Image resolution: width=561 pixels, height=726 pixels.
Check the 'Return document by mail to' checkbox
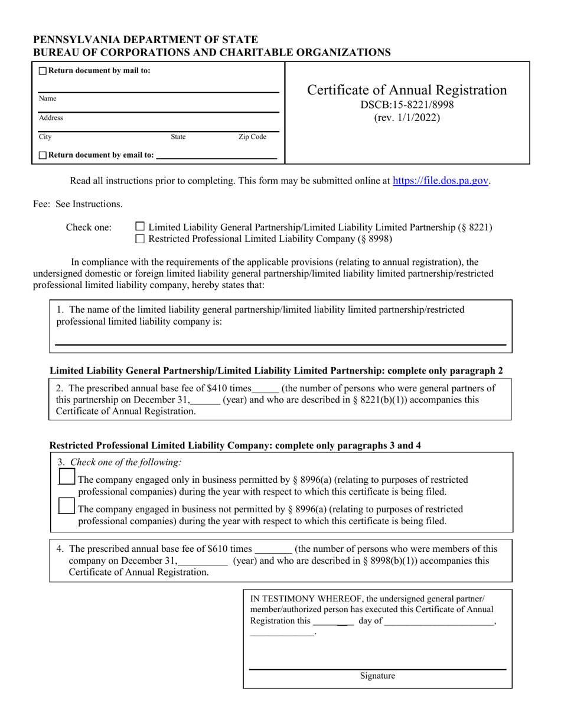(43, 71)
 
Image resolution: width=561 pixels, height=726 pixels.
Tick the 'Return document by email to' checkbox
(43, 155)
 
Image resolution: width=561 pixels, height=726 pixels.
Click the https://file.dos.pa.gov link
(441, 181)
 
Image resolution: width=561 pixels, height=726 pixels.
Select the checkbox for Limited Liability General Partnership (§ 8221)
(140, 227)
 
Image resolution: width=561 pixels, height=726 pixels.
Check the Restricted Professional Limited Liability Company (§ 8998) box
(140, 239)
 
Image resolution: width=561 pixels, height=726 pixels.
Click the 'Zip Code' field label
(252, 137)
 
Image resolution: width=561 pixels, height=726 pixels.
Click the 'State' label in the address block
(178, 137)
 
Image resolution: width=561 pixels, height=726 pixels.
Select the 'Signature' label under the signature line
(377, 676)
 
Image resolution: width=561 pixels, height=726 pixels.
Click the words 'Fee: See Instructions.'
(78, 204)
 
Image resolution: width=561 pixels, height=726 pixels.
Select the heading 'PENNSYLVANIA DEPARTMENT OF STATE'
(145, 40)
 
